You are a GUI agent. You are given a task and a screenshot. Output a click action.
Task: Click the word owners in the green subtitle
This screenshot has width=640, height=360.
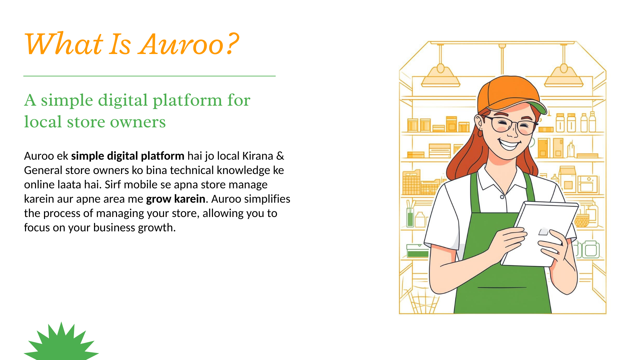coord(138,122)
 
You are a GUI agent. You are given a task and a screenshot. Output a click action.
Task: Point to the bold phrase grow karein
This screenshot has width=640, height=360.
coord(176,199)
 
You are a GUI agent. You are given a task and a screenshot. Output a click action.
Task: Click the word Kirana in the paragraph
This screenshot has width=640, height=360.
coord(258,156)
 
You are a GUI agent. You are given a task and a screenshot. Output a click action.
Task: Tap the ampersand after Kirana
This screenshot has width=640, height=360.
coord(280,156)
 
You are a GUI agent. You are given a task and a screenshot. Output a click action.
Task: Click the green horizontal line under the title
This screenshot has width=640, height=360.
coord(149,76)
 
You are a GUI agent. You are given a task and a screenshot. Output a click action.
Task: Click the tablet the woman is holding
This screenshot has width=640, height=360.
coord(540,234)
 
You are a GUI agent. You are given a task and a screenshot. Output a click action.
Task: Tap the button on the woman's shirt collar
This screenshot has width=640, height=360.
coord(502,197)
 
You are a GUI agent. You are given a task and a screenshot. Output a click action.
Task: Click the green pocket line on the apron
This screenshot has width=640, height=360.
coord(502,287)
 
